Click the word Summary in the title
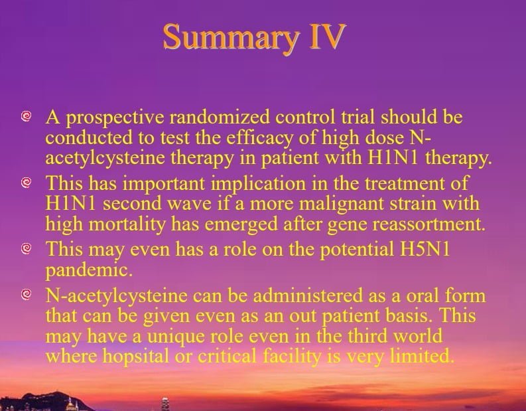(231, 38)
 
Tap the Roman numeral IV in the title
(328, 37)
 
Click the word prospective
(115, 118)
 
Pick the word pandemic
(89, 270)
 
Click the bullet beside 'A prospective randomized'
(26, 116)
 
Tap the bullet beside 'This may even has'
(26, 248)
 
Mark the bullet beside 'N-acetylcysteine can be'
(26, 295)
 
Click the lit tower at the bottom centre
(165, 404)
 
